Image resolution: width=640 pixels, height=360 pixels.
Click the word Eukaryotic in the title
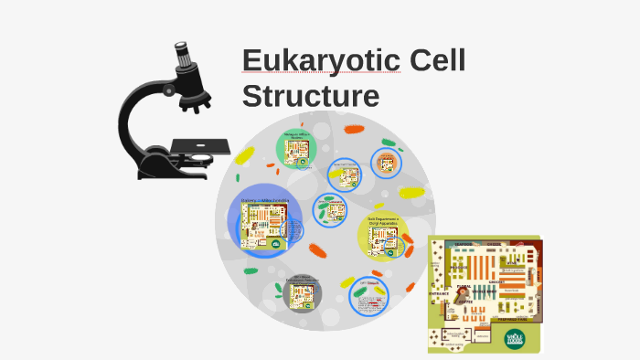pos(321,63)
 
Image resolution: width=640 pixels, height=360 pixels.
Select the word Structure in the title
pos(310,95)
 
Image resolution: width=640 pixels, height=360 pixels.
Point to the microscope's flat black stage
pos(199,144)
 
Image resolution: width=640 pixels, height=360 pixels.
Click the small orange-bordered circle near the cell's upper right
pos(387,164)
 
